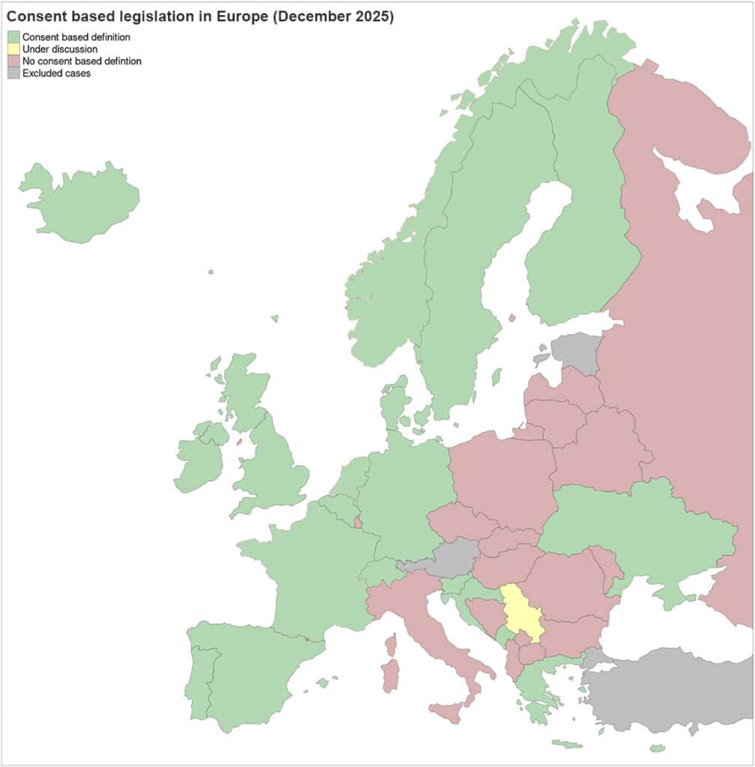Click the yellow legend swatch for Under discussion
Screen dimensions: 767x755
(x=13, y=49)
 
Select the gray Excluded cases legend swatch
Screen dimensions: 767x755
(x=13, y=73)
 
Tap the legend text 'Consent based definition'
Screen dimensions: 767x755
(x=76, y=37)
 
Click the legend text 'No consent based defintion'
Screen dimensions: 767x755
(x=82, y=61)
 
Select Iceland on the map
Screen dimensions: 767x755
(x=82, y=202)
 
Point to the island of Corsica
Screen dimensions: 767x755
(x=391, y=643)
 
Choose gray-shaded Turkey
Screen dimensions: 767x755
(x=667, y=689)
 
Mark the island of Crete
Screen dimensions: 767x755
(x=568, y=744)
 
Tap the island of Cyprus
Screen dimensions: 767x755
(x=658, y=748)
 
